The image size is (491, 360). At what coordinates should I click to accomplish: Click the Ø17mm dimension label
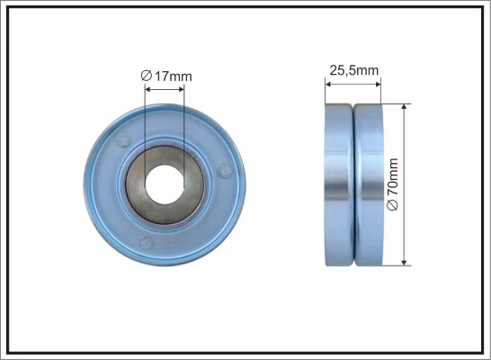point(166,76)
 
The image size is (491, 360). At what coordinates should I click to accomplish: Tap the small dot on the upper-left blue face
point(122,139)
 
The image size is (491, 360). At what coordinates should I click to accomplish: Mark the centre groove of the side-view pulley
point(353,184)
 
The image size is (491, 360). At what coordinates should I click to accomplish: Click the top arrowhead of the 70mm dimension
point(406,107)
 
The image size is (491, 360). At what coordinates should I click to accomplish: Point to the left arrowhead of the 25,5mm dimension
point(328,83)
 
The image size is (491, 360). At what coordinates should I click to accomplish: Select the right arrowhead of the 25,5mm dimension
point(379,83)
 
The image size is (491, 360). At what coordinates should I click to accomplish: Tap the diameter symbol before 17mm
point(146,76)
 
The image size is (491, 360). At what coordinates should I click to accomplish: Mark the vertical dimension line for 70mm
point(406,144)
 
